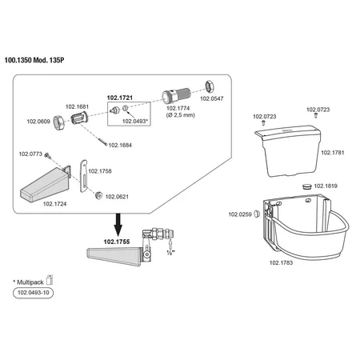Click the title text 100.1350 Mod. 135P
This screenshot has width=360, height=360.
(34, 60)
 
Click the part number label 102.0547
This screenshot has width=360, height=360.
(212, 98)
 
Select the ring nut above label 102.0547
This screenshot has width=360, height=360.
(210, 86)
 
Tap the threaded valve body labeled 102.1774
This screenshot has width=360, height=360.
(176, 95)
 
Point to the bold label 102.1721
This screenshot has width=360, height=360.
(120, 98)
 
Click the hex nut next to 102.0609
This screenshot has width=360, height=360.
(58, 122)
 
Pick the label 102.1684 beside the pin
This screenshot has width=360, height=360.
(120, 145)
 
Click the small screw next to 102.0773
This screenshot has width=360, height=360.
(47, 155)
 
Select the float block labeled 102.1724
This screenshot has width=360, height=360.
(46, 184)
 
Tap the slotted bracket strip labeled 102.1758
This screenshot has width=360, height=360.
(84, 176)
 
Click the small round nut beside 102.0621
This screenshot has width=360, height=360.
(98, 195)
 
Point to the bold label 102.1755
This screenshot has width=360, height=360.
(117, 242)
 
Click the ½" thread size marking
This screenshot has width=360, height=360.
(170, 252)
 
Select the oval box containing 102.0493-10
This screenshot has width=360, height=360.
(33, 293)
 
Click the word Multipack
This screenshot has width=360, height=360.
(30, 282)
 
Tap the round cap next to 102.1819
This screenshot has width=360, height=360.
(306, 186)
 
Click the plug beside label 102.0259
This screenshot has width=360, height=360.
(257, 214)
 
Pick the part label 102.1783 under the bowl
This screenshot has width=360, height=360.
(281, 262)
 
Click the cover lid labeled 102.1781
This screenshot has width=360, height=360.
(290, 150)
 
